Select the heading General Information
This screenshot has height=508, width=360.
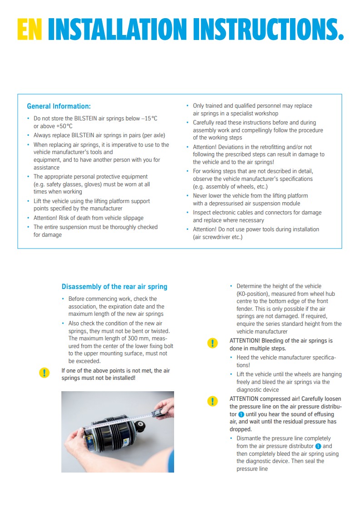click(x=59, y=106)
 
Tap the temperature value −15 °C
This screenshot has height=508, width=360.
click(x=149, y=119)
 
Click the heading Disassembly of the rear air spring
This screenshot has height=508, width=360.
click(x=115, y=287)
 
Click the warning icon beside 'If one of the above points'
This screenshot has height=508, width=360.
click(x=44, y=373)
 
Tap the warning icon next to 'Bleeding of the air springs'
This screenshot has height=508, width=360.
click(x=212, y=343)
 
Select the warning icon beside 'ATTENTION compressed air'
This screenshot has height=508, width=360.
click(x=212, y=401)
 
